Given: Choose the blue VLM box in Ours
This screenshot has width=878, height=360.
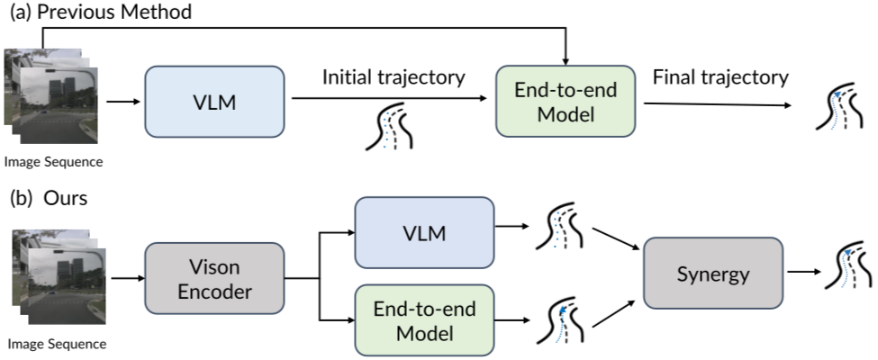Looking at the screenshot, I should coord(425,233).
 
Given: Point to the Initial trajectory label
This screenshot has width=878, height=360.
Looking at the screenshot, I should coord(394,76).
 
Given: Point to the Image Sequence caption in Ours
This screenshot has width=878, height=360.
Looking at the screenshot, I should coord(56,343).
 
